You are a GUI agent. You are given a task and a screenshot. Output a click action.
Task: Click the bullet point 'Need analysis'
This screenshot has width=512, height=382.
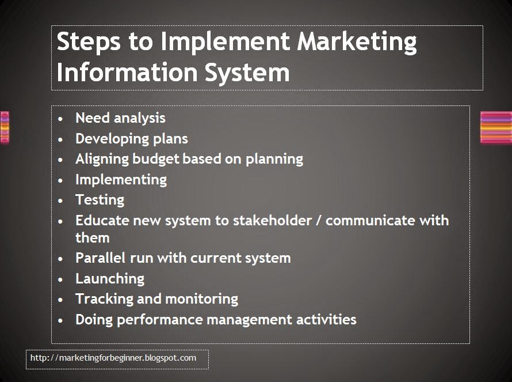click(120, 118)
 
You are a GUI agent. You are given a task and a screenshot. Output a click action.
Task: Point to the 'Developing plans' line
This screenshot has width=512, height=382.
click(131, 138)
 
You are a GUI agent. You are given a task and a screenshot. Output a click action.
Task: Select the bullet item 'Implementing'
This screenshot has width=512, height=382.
click(121, 179)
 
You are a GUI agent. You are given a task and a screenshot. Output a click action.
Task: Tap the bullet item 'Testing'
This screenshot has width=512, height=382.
click(100, 199)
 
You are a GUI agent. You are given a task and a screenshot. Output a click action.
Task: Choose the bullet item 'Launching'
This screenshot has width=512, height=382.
click(110, 278)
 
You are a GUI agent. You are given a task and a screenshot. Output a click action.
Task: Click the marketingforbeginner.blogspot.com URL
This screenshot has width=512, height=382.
click(113, 358)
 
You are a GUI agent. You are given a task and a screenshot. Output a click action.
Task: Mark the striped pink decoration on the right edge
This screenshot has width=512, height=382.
click(495, 127)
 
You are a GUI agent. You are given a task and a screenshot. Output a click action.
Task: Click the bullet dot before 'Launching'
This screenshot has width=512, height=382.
click(62, 279)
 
